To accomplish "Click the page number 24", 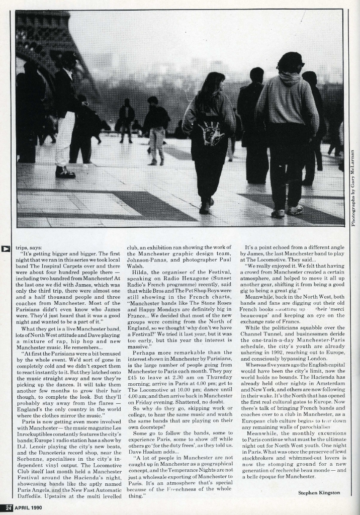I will [8, 507].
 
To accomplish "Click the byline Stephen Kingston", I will [319, 492].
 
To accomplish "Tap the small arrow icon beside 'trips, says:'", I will [7, 248].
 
